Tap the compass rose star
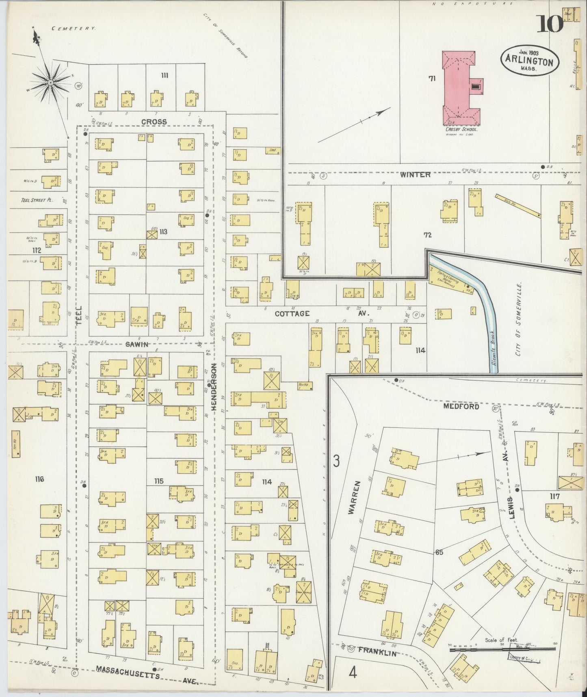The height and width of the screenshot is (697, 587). click(50, 83)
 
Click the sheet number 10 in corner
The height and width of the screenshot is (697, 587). click(550, 24)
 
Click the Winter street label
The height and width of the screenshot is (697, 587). click(415, 174)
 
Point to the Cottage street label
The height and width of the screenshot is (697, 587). click(292, 314)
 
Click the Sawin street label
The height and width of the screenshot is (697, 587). click(137, 344)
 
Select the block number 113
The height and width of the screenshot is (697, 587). click(163, 232)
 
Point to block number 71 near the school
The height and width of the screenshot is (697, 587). click(431, 78)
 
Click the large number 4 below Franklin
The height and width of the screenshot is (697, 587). click(353, 673)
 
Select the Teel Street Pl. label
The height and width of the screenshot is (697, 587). click(36, 200)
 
